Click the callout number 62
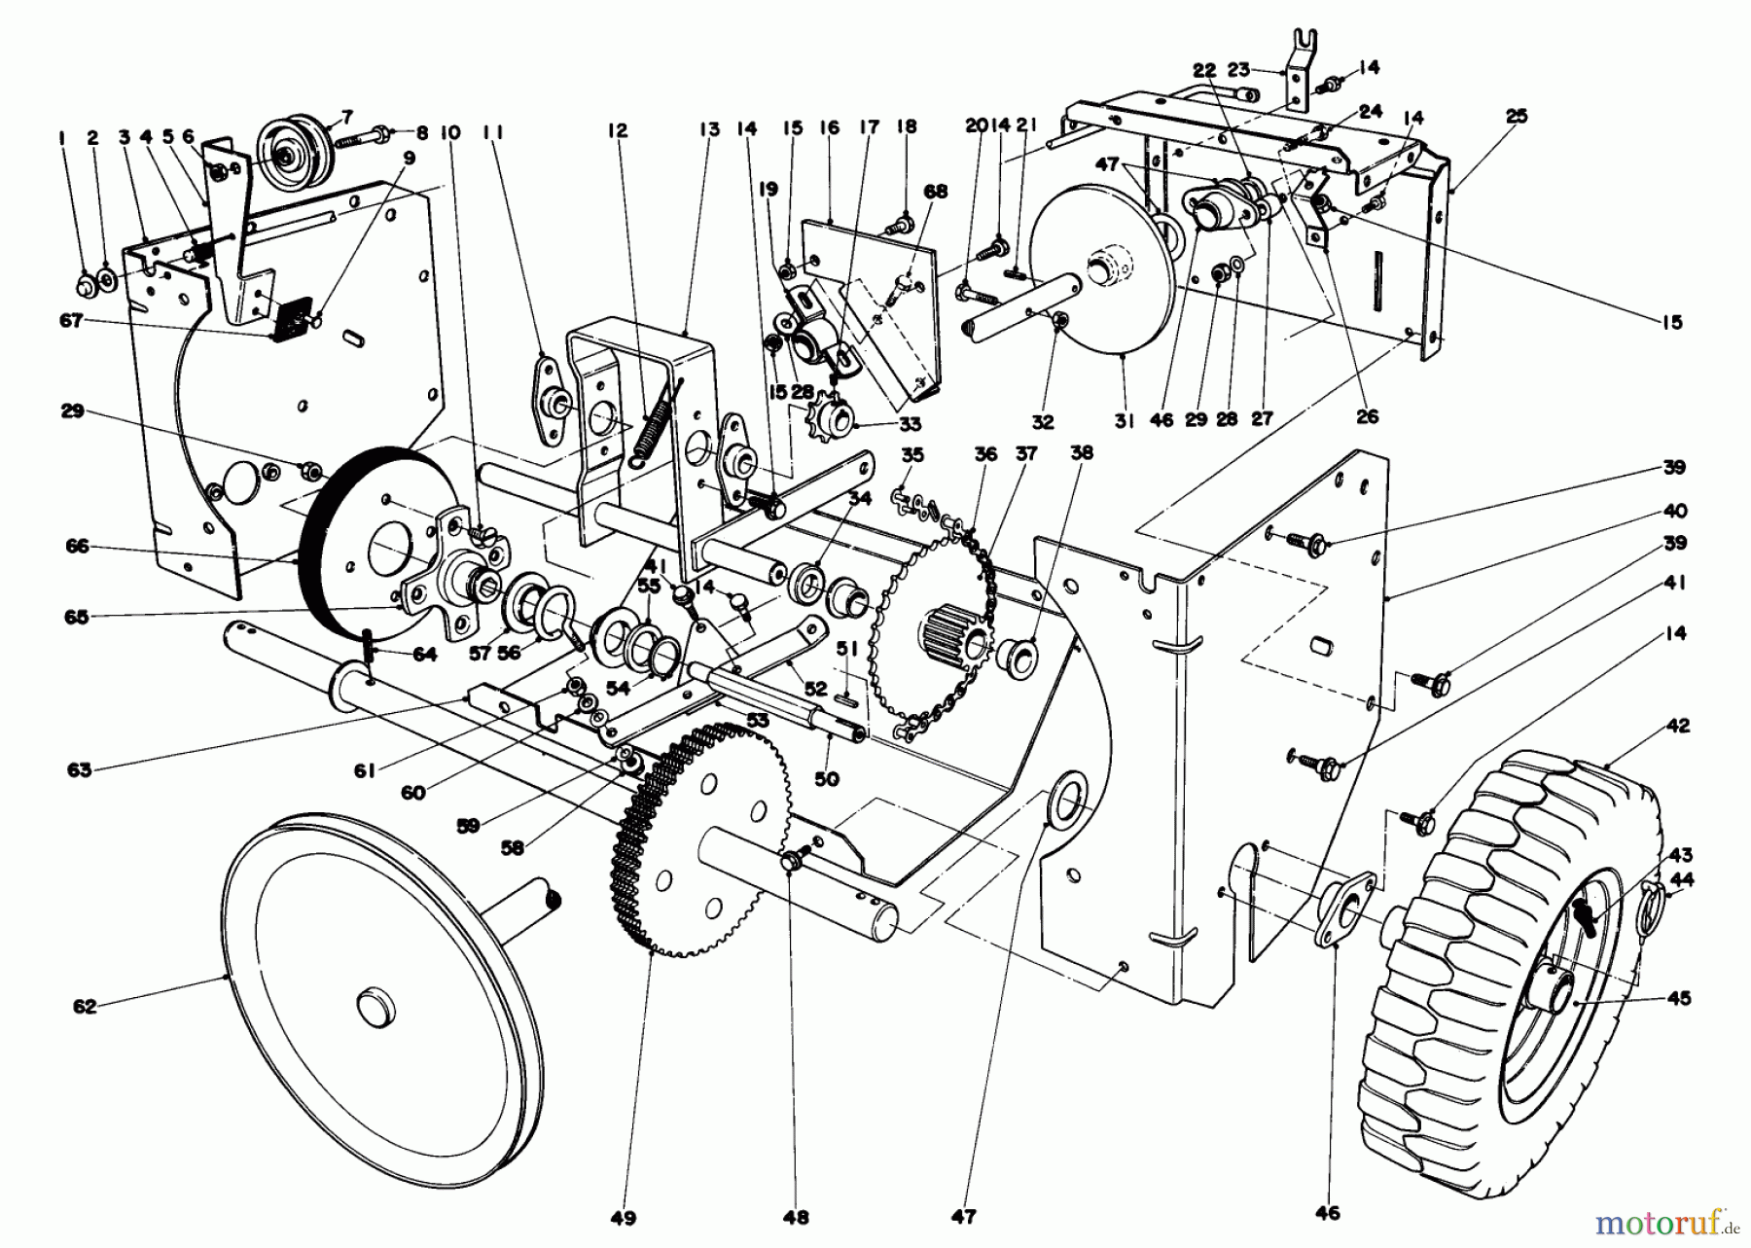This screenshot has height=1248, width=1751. click(85, 1007)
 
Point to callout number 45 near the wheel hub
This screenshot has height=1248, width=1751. click(1677, 998)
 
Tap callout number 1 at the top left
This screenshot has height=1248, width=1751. click(61, 139)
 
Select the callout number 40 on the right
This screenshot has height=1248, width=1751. click(1674, 511)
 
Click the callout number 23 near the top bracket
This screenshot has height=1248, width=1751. click(1237, 69)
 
